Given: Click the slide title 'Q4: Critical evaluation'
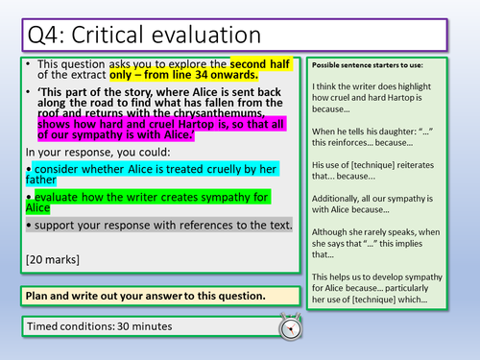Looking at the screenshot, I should pyautogui.click(x=137, y=34).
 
